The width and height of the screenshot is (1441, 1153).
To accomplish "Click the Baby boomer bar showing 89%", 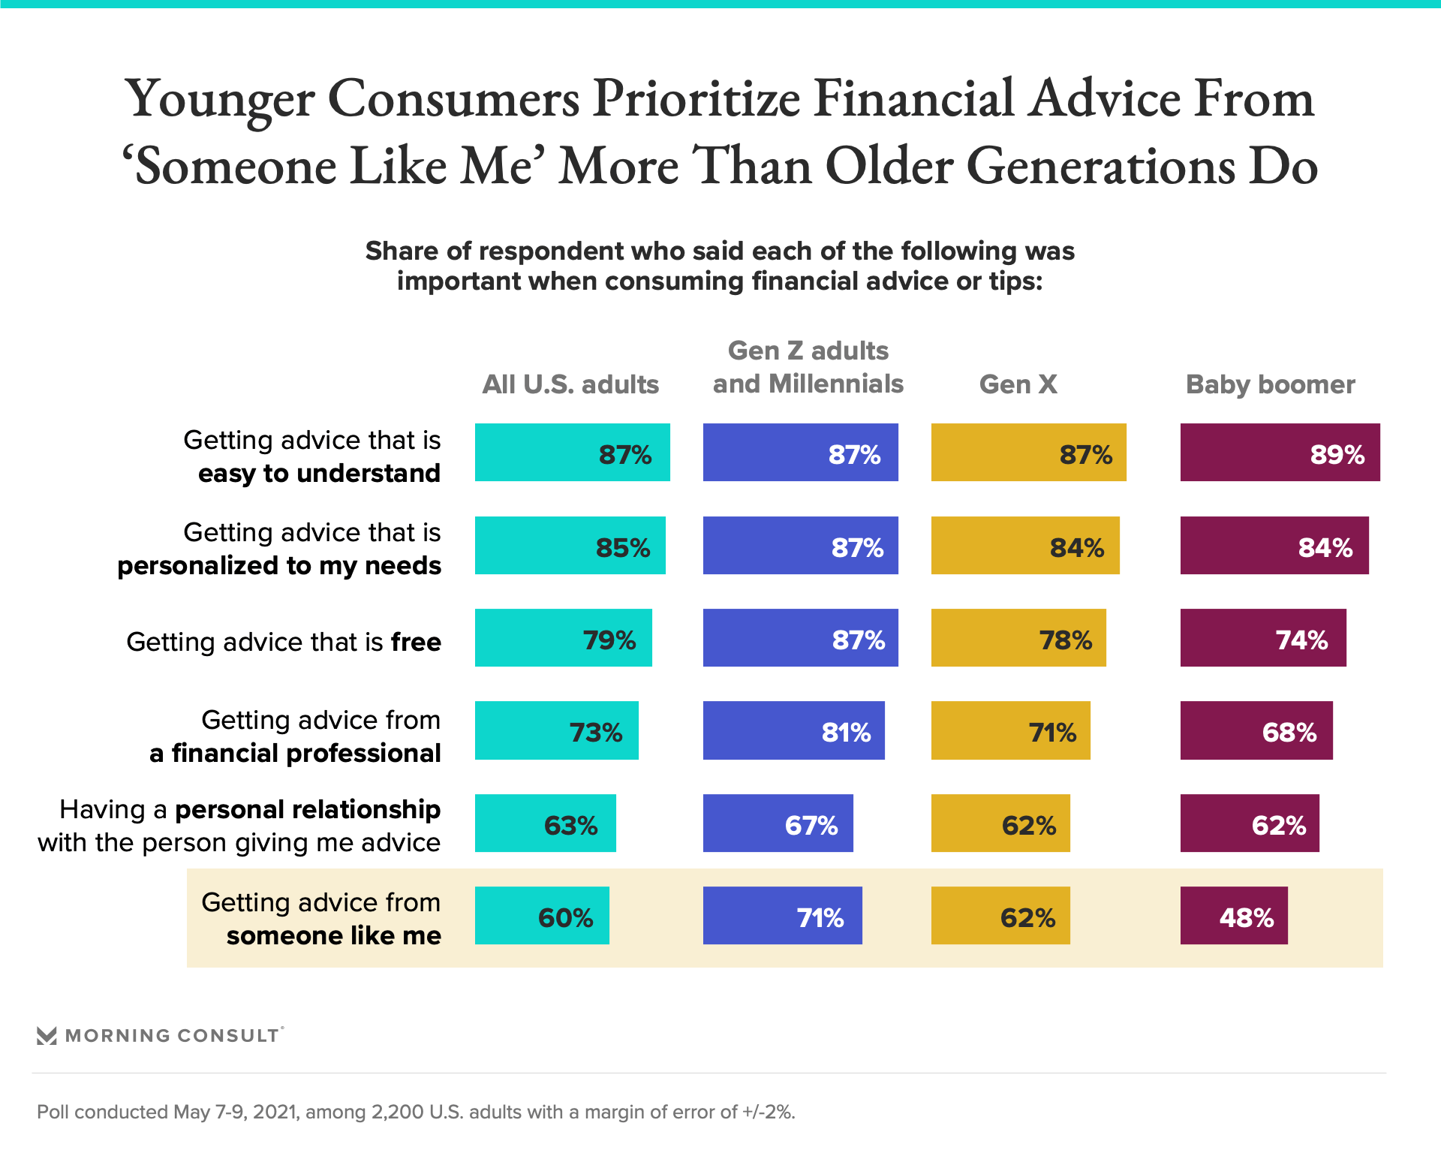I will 1280,452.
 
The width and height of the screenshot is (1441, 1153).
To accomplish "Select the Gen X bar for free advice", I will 1018,637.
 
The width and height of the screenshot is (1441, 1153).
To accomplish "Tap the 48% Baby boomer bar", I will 1233,915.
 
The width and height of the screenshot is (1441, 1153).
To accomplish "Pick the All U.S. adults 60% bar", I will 542,915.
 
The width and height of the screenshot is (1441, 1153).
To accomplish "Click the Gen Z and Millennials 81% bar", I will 793,730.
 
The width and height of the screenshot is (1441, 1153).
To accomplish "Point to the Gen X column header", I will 1018,384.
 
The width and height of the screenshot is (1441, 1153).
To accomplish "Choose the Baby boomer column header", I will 1270,384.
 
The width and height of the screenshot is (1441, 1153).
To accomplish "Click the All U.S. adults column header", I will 570,384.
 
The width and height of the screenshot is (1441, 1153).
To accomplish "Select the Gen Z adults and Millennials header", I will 808,367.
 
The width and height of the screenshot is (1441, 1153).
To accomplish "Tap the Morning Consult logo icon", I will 47,1036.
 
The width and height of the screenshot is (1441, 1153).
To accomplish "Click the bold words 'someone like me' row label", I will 333,935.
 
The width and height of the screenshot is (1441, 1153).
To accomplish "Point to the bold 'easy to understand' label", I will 319,473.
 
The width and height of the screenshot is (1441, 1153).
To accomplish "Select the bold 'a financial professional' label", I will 295,753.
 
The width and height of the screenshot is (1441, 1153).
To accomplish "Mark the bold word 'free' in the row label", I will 416,642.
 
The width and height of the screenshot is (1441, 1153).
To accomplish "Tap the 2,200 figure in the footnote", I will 396,1112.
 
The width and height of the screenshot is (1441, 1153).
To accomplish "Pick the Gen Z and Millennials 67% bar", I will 778,823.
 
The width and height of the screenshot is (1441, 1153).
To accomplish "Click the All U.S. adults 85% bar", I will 570,545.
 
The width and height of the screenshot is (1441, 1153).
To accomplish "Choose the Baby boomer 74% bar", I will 1262,637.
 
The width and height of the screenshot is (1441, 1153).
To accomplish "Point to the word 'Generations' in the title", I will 1100,166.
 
